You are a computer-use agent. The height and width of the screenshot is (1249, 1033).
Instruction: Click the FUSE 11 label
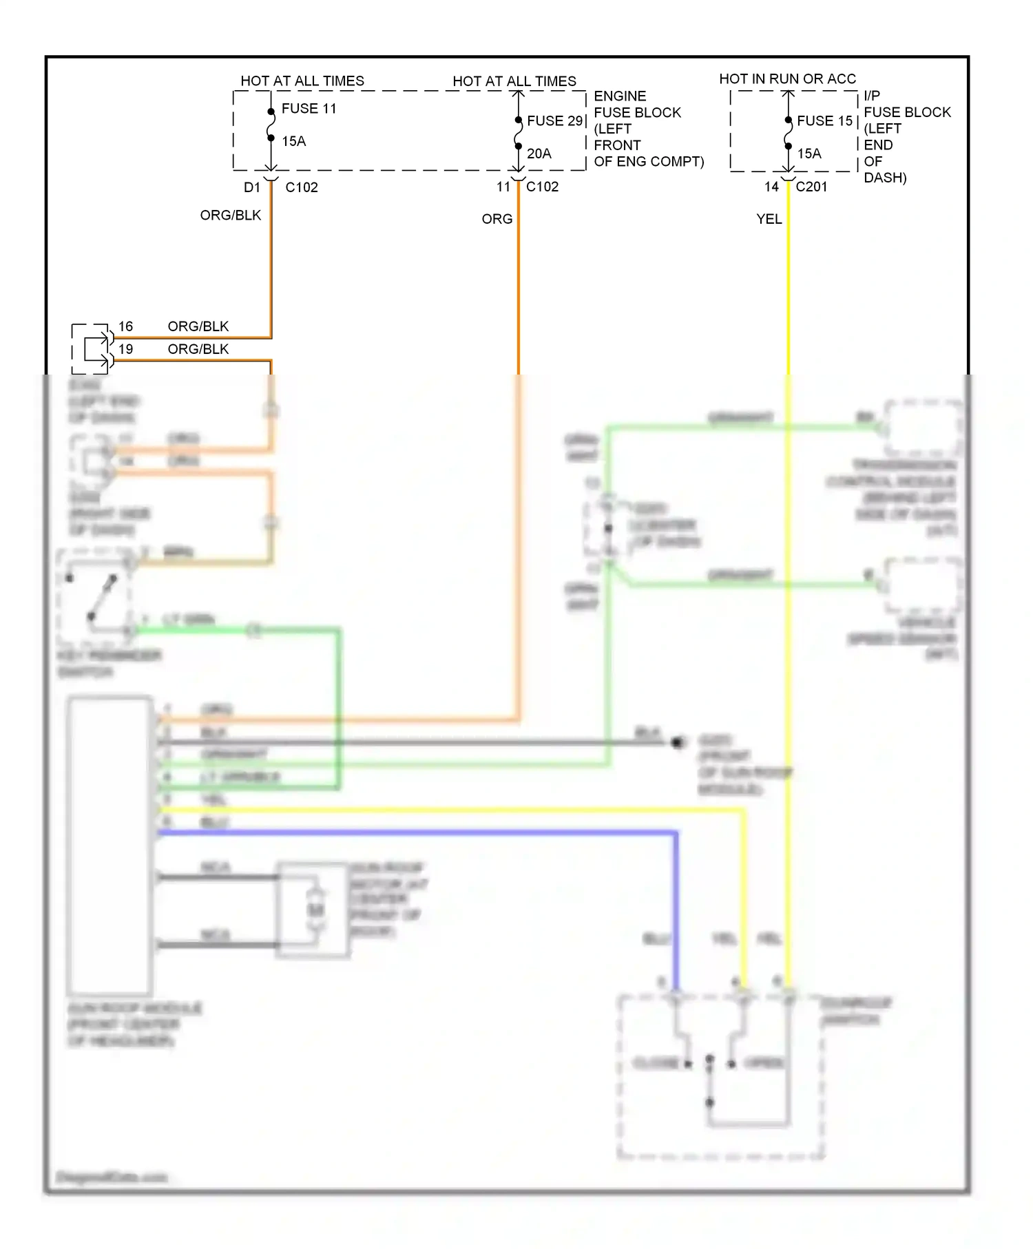(x=309, y=109)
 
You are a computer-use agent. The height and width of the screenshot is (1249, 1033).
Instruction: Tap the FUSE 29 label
(x=555, y=121)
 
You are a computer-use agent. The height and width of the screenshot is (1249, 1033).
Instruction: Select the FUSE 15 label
(x=824, y=121)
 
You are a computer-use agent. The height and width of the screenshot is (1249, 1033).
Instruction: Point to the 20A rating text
(x=539, y=154)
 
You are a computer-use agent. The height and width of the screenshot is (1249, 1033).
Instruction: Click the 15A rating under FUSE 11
(x=293, y=142)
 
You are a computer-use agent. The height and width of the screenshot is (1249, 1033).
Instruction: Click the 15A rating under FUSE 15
(x=809, y=154)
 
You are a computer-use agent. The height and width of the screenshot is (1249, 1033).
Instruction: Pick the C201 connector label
(x=811, y=187)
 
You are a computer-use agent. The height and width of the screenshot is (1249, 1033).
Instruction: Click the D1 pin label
(x=252, y=187)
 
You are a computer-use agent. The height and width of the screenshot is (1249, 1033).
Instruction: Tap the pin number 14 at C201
(x=771, y=187)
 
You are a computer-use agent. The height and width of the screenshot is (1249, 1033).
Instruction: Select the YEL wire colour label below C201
(x=769, y=220)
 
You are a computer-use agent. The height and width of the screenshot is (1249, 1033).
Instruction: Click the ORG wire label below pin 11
(x=497, y=220)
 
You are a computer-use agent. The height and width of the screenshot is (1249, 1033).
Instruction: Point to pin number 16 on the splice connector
(x=125, y=326)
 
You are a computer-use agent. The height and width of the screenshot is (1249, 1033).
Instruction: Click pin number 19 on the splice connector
(x=125, y=349)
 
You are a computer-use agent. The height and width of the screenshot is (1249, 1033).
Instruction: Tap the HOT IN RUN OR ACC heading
(x=787, y=79)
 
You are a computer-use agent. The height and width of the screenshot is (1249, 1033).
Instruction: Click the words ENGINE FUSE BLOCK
(x=636, y=105)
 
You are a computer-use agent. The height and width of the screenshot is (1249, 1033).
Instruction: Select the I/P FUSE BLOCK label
(x=906, y=105)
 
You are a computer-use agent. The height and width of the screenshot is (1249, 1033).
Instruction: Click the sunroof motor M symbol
(x=315, y=910)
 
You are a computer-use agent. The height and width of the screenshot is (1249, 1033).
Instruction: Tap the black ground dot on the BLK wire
(x=678, y=742)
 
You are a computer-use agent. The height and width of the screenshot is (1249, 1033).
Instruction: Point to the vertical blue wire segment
(x=676, y=909)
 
